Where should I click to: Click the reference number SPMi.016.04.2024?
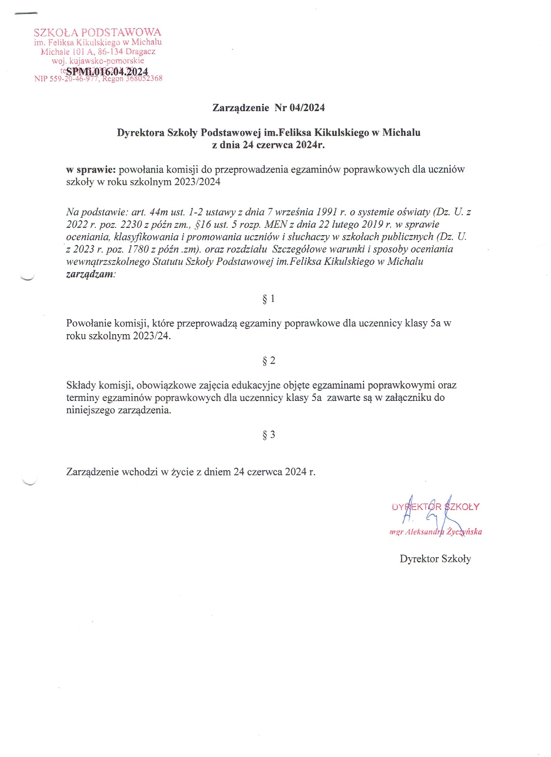click(107, 72)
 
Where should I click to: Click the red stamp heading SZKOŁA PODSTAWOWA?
click(98, 32)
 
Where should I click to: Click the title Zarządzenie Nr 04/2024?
click(269, 108)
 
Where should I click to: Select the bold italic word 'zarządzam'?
click(90, 275)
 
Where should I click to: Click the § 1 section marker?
click(269, 299)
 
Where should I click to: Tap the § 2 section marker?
click(269, 360)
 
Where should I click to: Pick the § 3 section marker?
click(269, 435)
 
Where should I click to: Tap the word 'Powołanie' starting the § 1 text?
click(88, 323)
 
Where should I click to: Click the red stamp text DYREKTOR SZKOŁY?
click(435, 507)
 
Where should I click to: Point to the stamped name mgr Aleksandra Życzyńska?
click(435, 532)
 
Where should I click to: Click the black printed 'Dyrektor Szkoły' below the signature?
click(435, 559)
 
